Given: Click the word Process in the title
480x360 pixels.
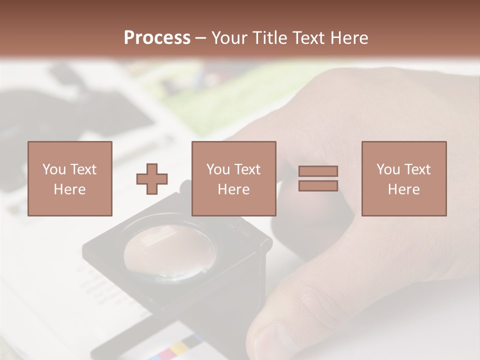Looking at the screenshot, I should (x=157, y=38).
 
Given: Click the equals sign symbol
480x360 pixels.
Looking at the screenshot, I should (x=318, y=178).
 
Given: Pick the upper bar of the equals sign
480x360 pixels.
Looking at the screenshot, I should (x=318, y=171).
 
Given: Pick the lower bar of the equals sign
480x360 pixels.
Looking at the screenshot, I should (x=318, y=185).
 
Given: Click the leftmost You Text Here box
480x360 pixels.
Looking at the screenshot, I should (x=70, y=178).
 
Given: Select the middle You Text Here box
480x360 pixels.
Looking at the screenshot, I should (x=233, y=178).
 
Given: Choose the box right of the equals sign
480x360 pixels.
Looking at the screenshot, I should (x=404, y=178).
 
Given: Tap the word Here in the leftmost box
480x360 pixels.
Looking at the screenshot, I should (x=70, y=189).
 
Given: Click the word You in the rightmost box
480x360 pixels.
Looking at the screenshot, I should (x=388, y=169).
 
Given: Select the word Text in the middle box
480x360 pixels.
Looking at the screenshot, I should (x=247, y=169).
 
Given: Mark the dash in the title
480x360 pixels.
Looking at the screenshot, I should (x=201, y=38).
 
